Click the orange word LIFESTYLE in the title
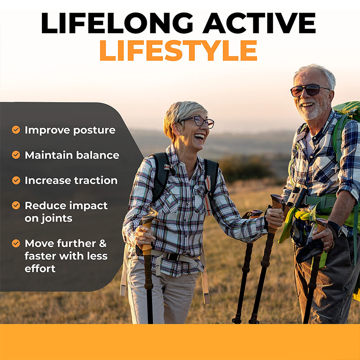tap(178, 50)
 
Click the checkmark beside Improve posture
tap(16, 130)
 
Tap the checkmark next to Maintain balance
tap(16, 155)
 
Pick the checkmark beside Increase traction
tap(16, 180)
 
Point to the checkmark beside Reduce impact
tap(16, 205)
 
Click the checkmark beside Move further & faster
tap(16, 243)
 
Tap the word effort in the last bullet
tap(40, 269)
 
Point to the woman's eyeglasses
tap(198, 121)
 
